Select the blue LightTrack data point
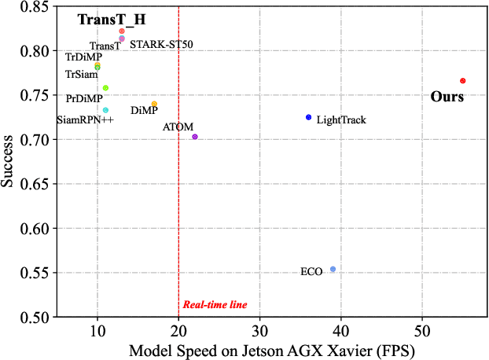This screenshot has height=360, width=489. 308,117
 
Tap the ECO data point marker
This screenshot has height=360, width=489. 333,269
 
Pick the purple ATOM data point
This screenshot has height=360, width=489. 195,137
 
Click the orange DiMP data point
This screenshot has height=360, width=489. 154,105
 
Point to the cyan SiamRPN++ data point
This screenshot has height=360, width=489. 105,110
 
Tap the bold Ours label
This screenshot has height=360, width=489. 447,97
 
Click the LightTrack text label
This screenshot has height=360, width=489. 341,120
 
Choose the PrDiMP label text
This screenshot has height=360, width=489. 84,98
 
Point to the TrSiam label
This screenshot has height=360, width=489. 81,75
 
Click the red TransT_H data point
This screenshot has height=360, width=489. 122,31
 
